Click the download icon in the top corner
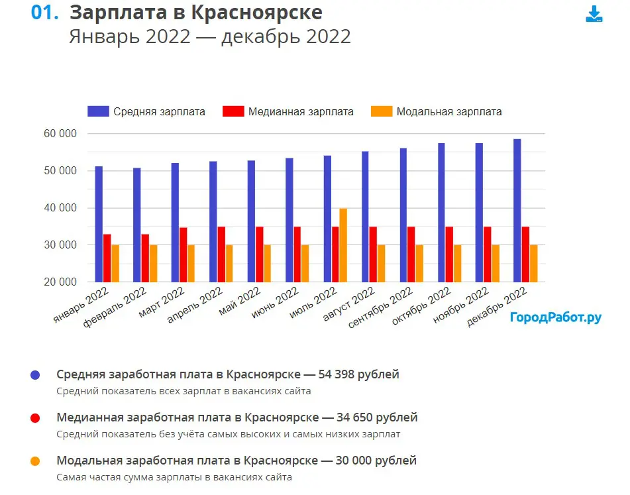pos(594,15)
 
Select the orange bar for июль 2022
pos(343,245)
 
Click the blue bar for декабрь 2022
pos(517,211)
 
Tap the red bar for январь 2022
pos(107,258)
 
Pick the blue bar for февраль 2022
pos(136,225)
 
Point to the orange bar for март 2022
pos(191,263)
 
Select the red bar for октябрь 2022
pos(450,254)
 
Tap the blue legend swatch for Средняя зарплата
pos(97,111)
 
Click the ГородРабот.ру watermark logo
pos(555,317)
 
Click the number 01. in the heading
pos(46,13)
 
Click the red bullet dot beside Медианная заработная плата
pos(36,418)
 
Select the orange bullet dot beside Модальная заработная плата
pos(36,461)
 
